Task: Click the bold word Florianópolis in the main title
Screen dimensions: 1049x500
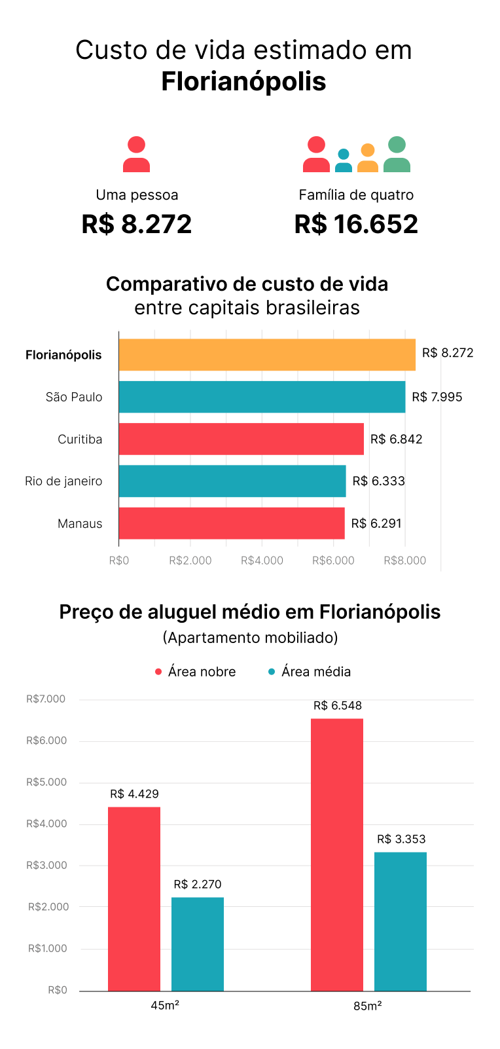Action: [x=243, y=82]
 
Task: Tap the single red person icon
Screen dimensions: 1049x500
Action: [x=136, y=155]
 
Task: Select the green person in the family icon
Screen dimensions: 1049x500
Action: [x=397, y=155]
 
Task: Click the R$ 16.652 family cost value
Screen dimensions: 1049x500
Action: [x=356, y=224]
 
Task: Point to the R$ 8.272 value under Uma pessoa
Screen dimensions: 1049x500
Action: [x=136, y=224]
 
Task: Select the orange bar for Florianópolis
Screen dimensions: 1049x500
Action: [x=267, y=354]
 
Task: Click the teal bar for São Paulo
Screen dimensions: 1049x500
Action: [x=262, y=397]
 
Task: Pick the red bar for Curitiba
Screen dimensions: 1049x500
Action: [x=241, y=439]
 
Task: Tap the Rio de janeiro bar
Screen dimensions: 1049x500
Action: [x=232, y=481]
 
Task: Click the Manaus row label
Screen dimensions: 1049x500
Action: [x=80, y=523]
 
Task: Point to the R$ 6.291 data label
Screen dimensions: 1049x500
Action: [x=376, y=523]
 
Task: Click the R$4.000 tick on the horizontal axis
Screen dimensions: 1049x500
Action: [x=262, y=561]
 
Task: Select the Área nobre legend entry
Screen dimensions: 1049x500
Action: [x=196, y=672]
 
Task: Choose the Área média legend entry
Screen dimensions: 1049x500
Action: [x=310, y=672]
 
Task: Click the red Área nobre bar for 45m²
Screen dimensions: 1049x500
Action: [x=134, y=898]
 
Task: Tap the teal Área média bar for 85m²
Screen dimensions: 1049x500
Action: [x=401, y=921]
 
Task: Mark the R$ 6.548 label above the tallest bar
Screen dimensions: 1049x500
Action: [x=337, y=706]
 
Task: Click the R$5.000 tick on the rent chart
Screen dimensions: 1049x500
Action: [x=46, y=782]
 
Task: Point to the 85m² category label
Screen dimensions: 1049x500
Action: [x=368, y=1006]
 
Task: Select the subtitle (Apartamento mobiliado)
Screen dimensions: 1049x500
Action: [x=250, y=637]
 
